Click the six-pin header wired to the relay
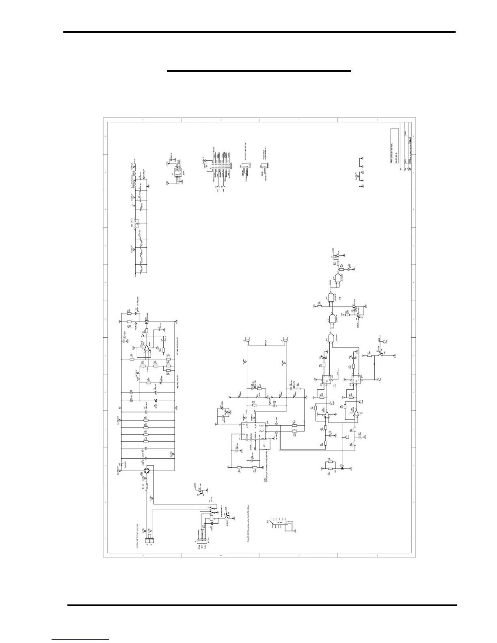click(197, 538)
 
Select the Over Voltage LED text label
click(138, 301)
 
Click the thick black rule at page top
click(260, 32)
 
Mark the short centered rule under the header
click(259, 71)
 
